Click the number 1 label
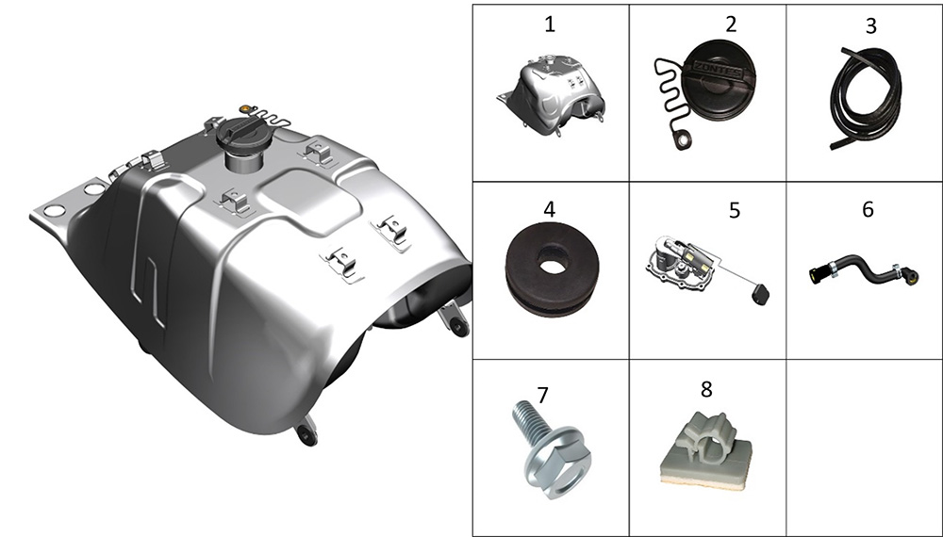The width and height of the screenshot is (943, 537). click(549, 24)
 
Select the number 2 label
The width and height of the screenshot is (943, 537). click(731, 24)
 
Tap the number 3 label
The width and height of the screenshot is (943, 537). click(870, 25)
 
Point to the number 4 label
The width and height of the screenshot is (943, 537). click(549, 209)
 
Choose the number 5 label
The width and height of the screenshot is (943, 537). click(735, 210)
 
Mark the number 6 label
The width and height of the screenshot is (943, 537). click(868, 209)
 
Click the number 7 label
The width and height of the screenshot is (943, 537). click(542, 396)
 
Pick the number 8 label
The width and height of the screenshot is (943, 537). click(706, 389)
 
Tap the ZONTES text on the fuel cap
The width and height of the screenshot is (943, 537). click(718, 68)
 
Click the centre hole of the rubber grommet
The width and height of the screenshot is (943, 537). click(552, 259)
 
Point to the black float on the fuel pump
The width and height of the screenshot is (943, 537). click(760, 294)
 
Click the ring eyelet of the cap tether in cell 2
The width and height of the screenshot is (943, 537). click(682, 141)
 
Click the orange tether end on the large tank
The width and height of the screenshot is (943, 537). click(245, 108)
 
